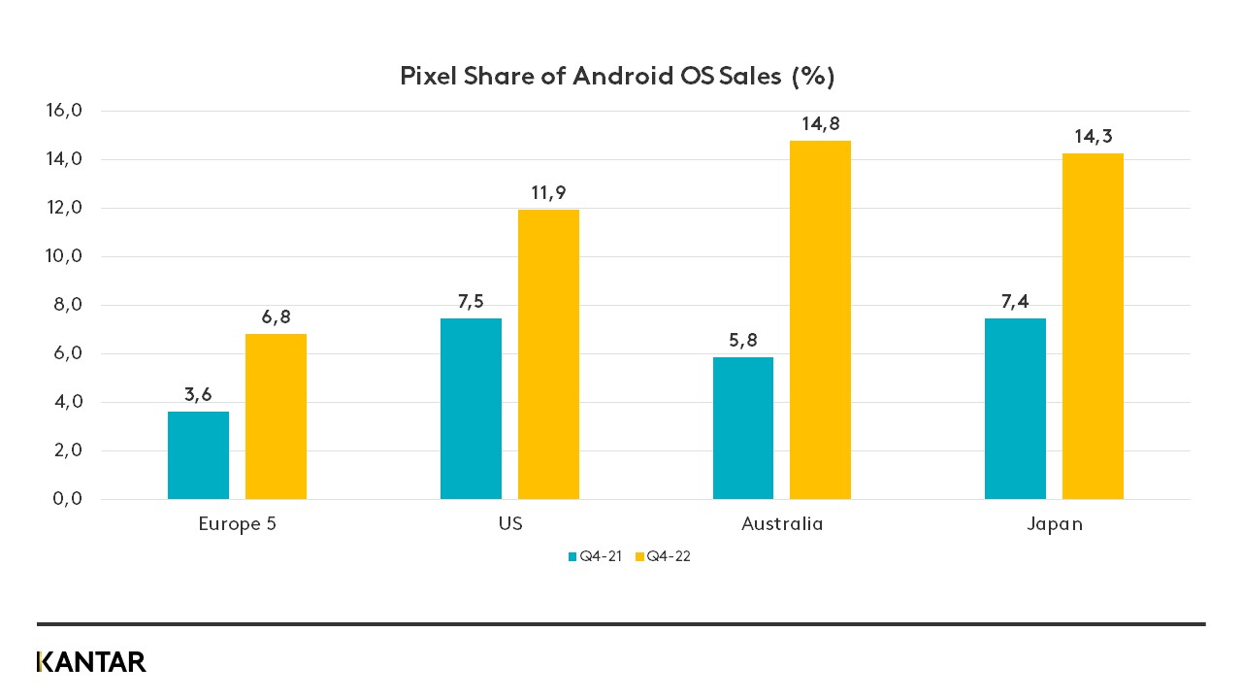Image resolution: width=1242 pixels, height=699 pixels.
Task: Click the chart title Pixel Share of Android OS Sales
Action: coord(617,77)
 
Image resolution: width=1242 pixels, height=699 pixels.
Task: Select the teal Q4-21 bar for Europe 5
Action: coord(198,455)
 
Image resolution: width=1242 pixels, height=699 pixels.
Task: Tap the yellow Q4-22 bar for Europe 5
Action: coord(276,416)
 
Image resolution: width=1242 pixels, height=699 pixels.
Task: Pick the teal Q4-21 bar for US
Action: coord(471,409)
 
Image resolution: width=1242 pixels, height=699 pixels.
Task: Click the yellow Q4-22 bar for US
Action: coord(548,354)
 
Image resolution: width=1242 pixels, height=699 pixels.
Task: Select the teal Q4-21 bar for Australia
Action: coord(743,428)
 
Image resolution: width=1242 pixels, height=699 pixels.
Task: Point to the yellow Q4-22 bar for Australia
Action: coord(820,320)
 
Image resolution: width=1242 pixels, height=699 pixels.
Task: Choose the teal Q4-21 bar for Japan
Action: coord(1015,409)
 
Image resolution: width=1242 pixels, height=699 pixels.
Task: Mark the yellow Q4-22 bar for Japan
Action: coord(1093,326)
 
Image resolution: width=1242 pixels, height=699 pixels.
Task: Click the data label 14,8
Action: coord(820,124)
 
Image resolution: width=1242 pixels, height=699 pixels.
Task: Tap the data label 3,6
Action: coord(198,395)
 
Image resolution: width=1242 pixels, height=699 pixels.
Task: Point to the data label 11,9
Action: coord(548,193)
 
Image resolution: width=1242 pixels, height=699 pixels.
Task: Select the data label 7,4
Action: coord(1015,301)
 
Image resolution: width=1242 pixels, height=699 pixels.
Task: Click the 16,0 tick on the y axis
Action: coord(64,111)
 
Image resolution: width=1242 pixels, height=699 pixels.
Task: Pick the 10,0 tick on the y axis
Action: coord(64,256)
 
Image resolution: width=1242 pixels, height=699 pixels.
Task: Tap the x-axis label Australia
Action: coord(782,524)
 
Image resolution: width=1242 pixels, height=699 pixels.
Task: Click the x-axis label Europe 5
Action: coord(237,524)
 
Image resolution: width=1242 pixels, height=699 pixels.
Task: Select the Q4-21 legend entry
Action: coord(594,557)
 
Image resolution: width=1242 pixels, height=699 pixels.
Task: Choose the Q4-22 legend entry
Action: coord(663,557)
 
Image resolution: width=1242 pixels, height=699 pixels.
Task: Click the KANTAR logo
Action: coord(91,662)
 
